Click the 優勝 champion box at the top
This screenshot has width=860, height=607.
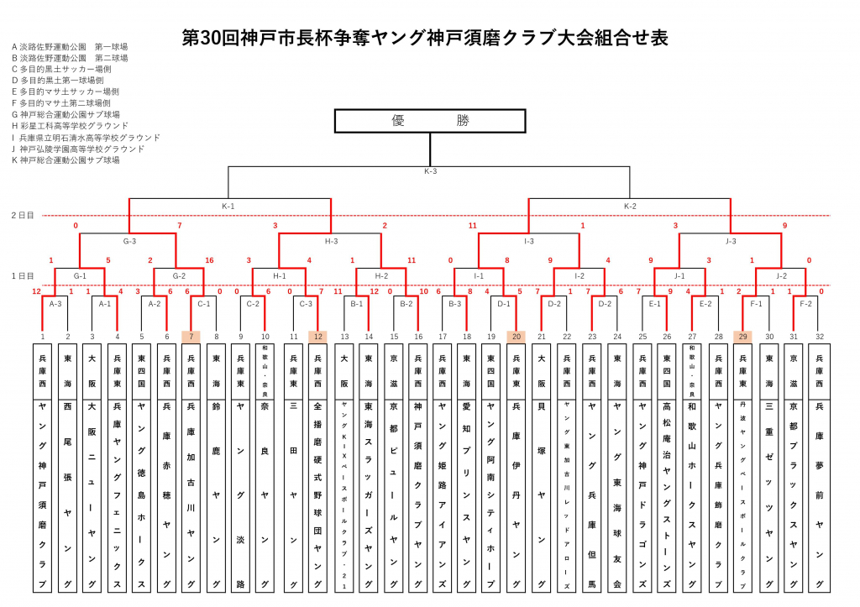point(430,121)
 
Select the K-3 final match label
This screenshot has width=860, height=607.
point(430,171)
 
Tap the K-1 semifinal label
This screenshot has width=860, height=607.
point(228,205)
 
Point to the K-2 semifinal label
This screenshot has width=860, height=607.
point(630,205)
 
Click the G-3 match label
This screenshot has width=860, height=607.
point(129,240)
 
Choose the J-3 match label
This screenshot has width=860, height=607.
point(729,240)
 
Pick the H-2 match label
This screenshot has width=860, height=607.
point(381,275)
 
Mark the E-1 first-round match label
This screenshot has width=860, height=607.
point(654,305)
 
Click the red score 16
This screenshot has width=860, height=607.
point(209,260)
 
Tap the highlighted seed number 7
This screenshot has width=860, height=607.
point(191,336)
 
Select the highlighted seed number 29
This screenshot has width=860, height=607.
point(743,336)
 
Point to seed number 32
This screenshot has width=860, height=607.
point(820,336)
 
